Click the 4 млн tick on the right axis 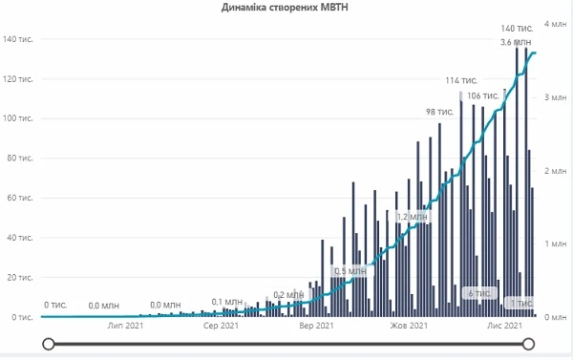[x=557, y=23]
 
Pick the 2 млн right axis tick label [x=557, y=170]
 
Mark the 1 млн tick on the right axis [x=557, y=244]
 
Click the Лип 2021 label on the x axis [x=126, y=327]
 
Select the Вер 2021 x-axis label [x=316, y=327]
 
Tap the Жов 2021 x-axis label [x=411, y=327]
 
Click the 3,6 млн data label [x=517, y=43]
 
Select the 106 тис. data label [x=483, y=95]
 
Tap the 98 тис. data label [x=439, y=112]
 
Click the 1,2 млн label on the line [x=414, y=217]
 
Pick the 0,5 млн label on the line [x=350, y=271]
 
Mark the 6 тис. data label [x=477, y=292]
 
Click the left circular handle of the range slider [x=50, y=344]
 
